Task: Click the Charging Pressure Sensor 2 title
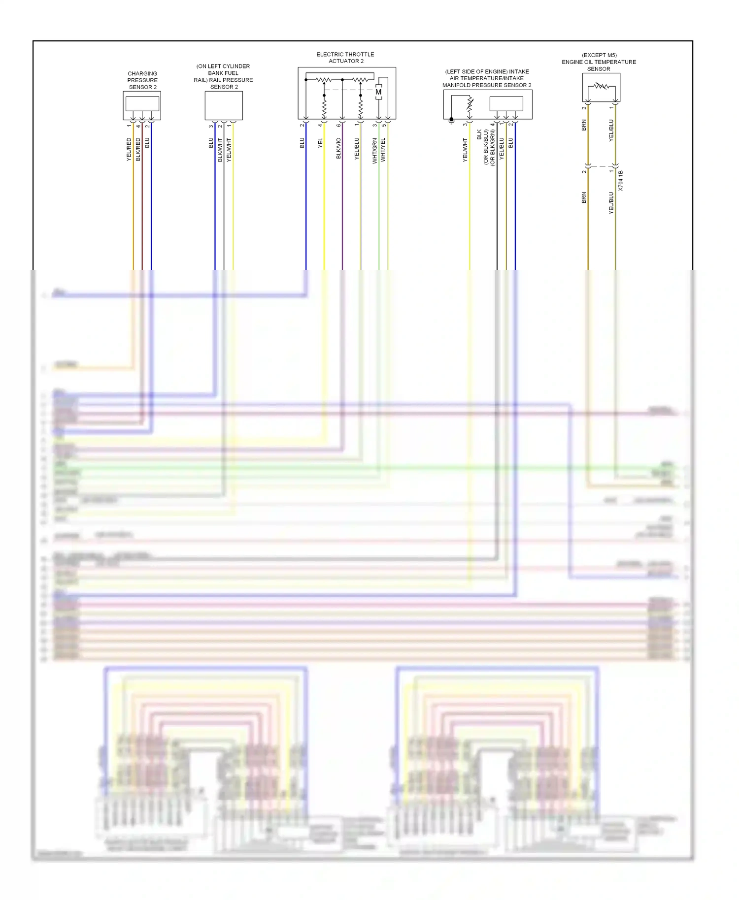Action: click(x=142, y=80)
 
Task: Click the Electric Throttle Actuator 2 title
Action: click(x=345, y=58)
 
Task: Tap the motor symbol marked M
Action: click(x=378, y=92)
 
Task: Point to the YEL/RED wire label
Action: click(x=129, y=149)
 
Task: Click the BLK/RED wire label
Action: click(x=138, y=149)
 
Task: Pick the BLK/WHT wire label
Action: click(x=220, y=150)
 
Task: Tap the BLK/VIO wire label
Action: click(x=338, y=148)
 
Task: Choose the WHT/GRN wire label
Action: click(x=375, y=150)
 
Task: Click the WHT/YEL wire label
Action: click(x=383, y=150)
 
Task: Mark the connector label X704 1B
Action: click(x=621, y=181)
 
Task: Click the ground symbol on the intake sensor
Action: click(x=451, y=120)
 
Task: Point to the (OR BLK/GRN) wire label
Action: click(x=493, y=147)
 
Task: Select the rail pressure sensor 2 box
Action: click(x=224, y=105)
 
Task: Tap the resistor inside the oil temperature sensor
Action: click(x=601, y=87)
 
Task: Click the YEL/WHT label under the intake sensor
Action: click(x=465, y=150)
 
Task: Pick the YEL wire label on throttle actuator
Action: click(x=321, y=143)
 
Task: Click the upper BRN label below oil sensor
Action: click(x=584, y=125)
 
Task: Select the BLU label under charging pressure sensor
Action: click(x=147, y=143)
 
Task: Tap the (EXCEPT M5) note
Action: click(x=599, y=55)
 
